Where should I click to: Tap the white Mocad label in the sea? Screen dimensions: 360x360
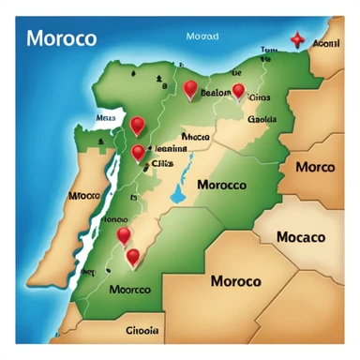(202, 37)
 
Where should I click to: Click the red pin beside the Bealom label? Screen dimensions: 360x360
(191, 89)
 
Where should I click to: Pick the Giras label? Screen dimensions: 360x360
(260, 97)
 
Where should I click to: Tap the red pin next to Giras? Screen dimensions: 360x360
(238, 90)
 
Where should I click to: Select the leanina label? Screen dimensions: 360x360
(169, 147)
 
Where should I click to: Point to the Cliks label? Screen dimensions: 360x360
(163, 160)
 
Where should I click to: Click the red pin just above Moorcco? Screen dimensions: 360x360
(132, 255)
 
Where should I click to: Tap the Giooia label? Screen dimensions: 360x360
(142, 330)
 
